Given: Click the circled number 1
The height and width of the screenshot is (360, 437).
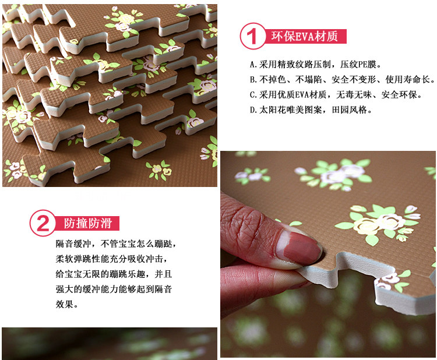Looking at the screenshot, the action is [x=253, y=36].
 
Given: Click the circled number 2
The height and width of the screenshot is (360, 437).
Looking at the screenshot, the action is [x=43, y=223].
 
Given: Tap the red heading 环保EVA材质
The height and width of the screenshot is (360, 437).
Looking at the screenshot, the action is [x=305, y=36].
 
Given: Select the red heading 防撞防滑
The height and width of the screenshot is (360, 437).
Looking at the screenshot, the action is [x=88, y=223].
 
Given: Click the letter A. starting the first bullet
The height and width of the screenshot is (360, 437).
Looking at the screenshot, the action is [x=253, y=64].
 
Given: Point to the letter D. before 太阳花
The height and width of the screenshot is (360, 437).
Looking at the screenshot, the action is [x=253, y=110].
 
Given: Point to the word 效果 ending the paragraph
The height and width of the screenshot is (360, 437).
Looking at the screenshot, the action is [x=65, y=304].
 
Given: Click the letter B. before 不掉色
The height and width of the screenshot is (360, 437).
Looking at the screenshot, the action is [x=253, y=80].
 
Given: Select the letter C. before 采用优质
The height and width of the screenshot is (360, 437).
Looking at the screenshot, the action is [x=253, y=95].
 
